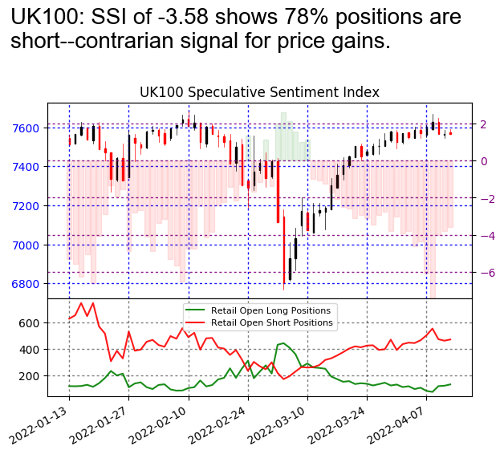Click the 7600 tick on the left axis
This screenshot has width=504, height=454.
[28, 128]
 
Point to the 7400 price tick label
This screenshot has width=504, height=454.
[28, 167]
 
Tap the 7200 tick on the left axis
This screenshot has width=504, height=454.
[28, 206]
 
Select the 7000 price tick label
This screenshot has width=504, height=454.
[28, 245]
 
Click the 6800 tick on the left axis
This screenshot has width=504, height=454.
[28, 284]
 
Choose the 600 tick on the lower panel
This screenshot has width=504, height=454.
[31, 322]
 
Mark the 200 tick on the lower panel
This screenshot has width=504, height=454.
[31, 375]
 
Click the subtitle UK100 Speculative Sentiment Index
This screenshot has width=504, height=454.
[259, 92]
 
